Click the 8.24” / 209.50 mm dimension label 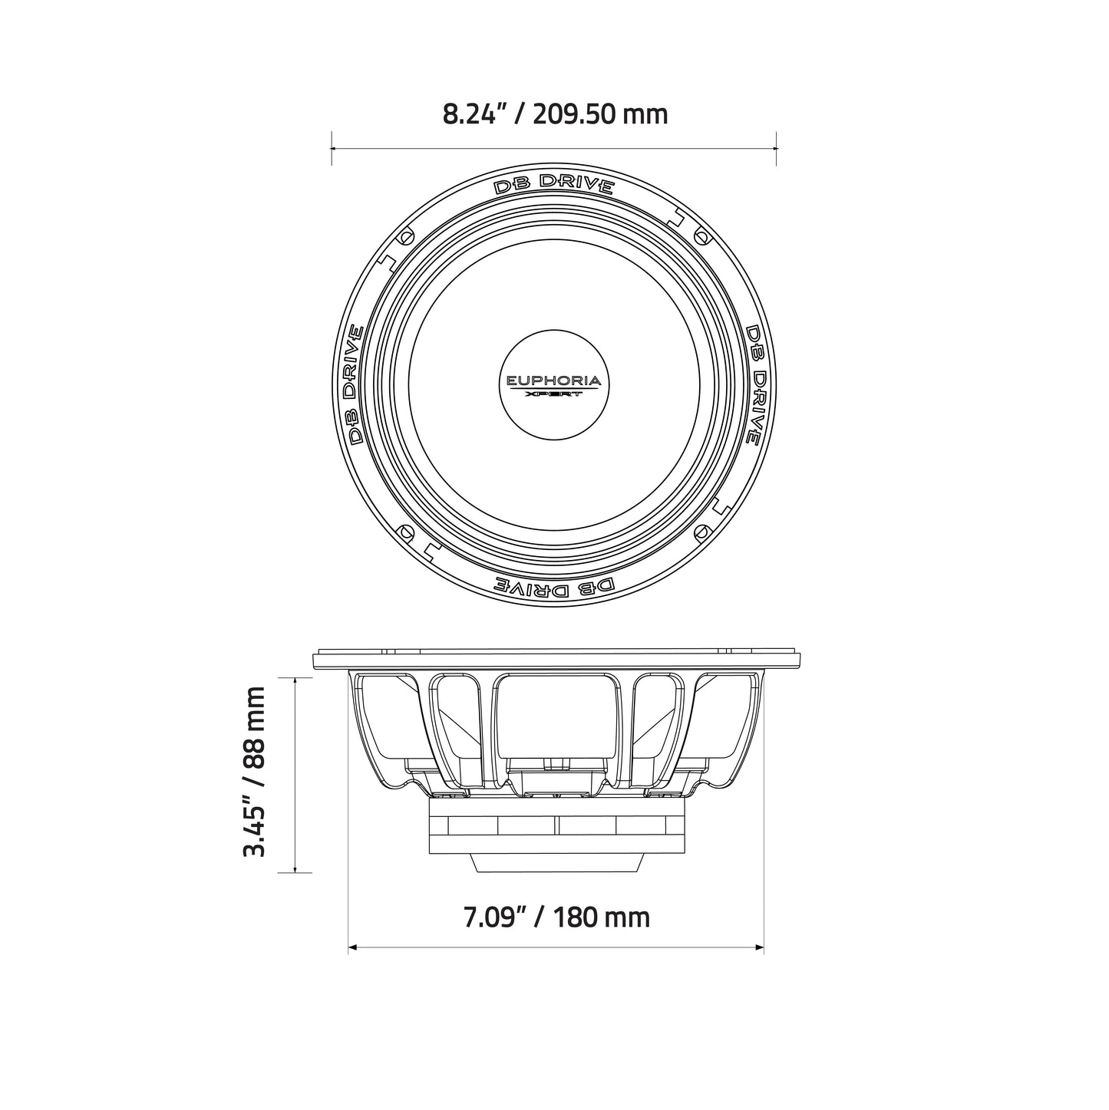tap(554, 114)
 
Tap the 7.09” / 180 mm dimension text tap(556, 917)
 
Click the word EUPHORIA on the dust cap tap(554, 380)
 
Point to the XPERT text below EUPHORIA tap(554, 394)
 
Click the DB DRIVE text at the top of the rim tap(554, 186)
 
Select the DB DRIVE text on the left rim tap(355, 384)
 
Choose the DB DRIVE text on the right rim tap(754, 384)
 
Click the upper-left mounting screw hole tap(407, 238)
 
